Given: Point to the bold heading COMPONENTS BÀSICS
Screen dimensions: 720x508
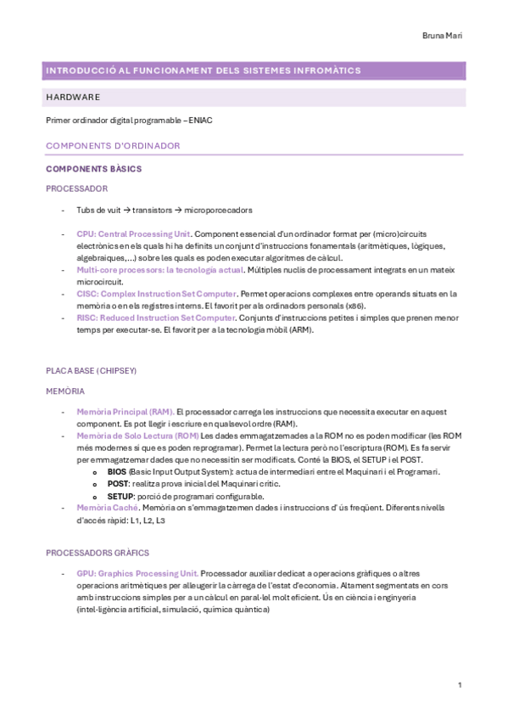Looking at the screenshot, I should point(93,169).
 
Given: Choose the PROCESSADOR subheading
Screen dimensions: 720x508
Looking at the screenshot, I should point(76,188).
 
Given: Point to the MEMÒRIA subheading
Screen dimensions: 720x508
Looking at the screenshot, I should point(64,391).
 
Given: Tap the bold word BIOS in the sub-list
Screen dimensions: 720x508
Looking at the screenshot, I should point(116,472).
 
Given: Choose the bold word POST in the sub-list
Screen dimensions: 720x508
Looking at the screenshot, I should point(117,484).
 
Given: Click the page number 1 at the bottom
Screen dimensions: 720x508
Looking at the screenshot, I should point(459,684).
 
